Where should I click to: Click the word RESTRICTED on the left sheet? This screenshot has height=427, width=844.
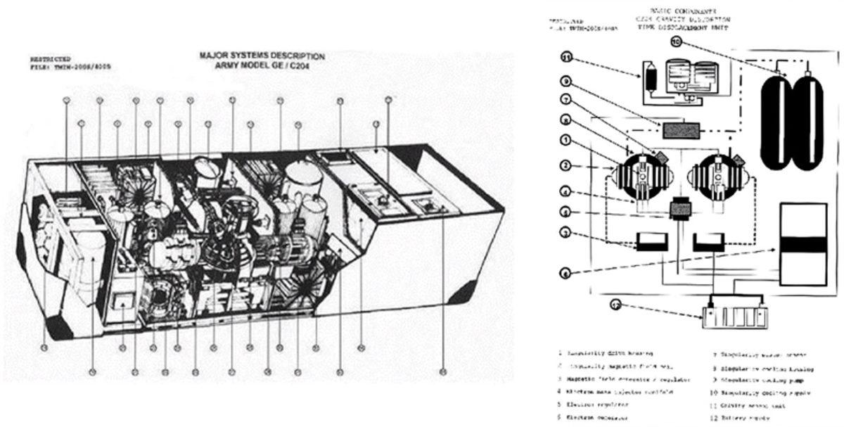pyautogui.click(x=50, y=60)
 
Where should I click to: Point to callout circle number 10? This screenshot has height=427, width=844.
pyautogui.click(x=675, y=42)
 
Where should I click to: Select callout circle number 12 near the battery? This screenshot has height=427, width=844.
pyautogui.click(x=596, y=306)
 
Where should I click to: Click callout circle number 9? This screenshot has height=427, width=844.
pyautogui.click(x=568, y=81)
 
